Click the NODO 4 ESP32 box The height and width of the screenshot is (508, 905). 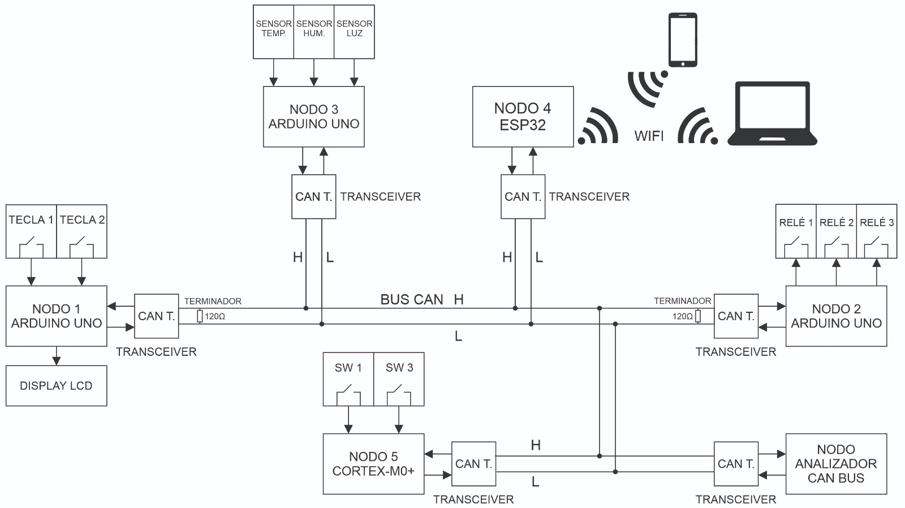523,117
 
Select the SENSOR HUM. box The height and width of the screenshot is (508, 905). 314,32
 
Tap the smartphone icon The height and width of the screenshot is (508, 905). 683,40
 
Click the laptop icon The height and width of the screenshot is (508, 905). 772,115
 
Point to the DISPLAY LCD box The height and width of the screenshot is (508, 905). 56,386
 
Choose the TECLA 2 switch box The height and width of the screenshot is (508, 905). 82,232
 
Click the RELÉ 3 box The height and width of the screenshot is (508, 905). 877,231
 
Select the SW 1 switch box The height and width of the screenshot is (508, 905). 348,379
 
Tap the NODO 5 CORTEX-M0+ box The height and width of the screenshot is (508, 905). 373,464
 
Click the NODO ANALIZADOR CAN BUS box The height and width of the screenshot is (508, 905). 836,464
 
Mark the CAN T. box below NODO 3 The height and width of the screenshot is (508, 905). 313,196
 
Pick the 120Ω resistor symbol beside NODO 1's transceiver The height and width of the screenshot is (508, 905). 200,316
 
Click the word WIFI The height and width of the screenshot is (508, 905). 649,136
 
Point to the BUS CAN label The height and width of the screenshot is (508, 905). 411,299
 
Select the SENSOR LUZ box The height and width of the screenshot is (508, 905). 354,32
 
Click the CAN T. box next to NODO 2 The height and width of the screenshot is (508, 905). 736,316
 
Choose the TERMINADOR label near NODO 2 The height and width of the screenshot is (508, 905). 682,301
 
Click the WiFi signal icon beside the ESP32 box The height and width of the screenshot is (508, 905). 598,127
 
